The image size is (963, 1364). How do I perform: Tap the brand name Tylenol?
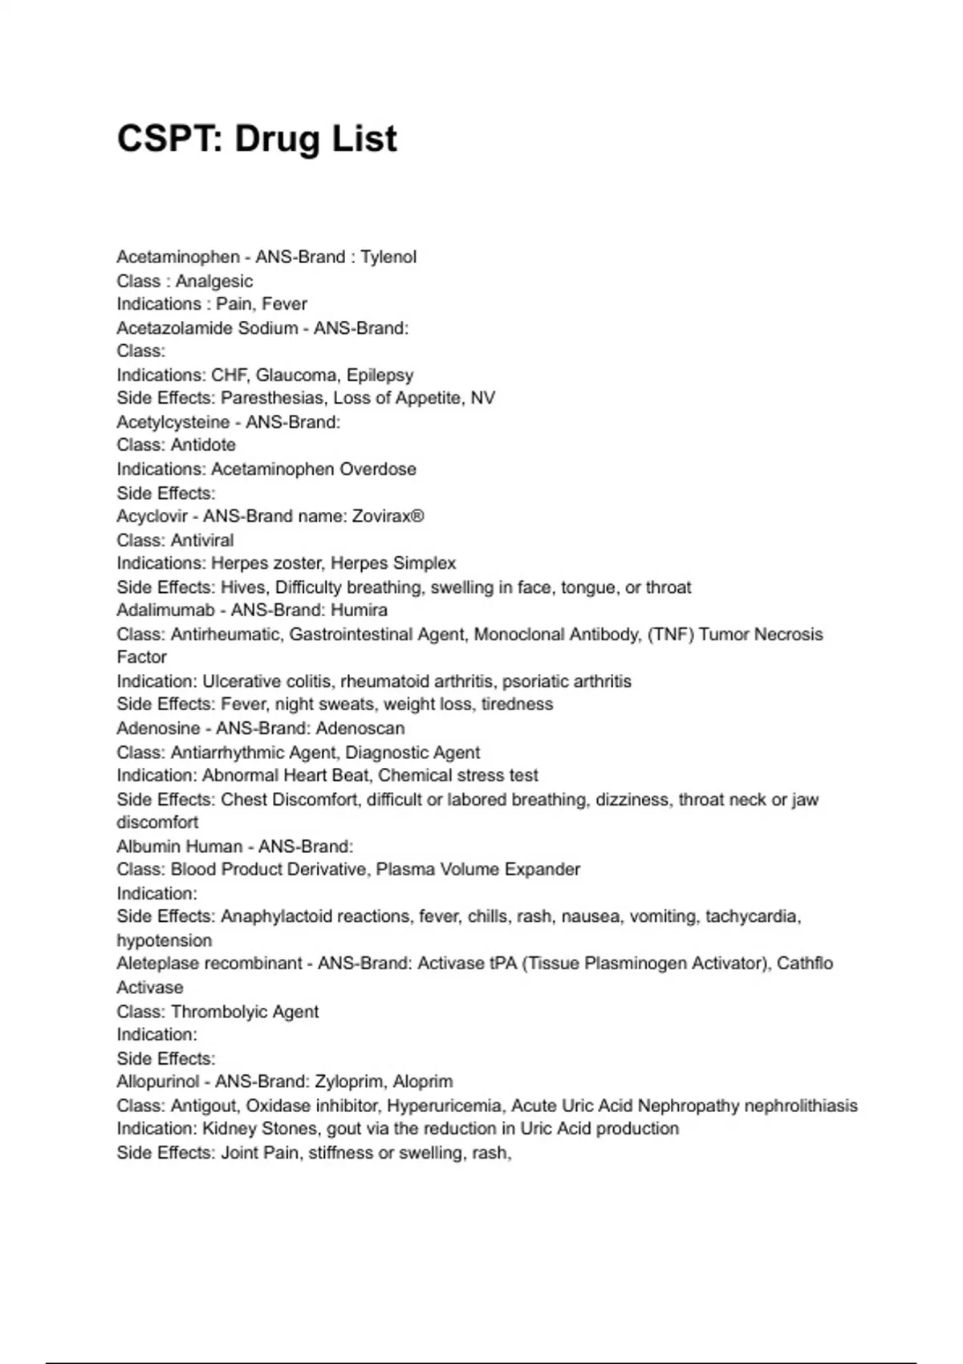click(388, 258)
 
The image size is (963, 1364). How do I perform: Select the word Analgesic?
click(214, 282)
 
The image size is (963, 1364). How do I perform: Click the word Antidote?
click(203, 445)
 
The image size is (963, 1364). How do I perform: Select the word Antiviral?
click(202, 541)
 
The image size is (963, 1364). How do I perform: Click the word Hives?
click(244, 588)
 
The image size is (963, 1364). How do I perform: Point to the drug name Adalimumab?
click(165, 611)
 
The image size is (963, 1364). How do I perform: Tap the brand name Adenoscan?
click(360, 729)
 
